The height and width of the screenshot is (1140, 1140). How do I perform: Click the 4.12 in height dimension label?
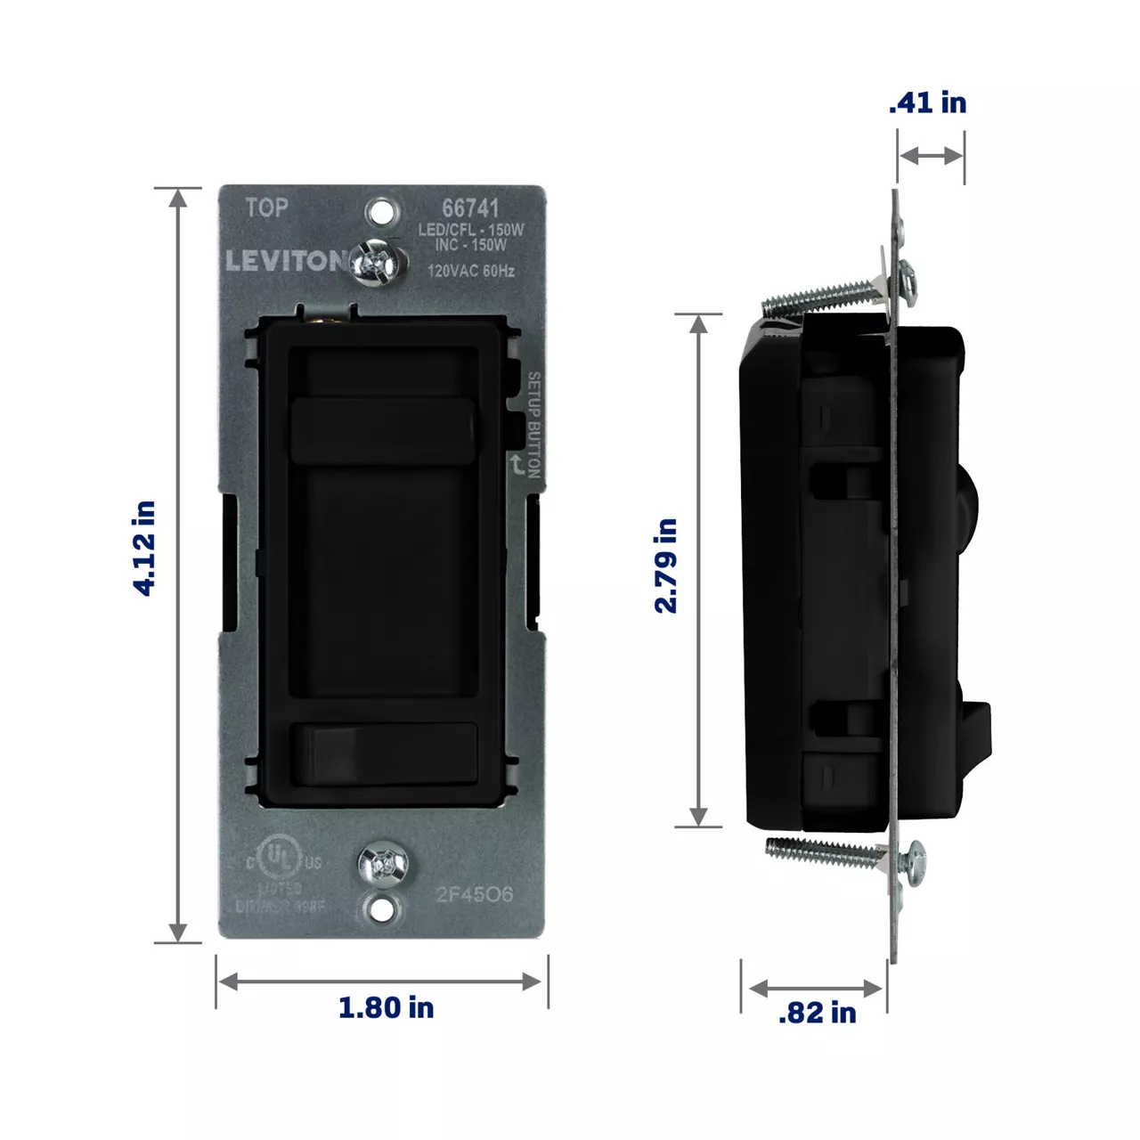[144, 548]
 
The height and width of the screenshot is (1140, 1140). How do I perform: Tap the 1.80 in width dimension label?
[386, 1007]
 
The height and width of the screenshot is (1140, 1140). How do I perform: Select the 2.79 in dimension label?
[666, 566]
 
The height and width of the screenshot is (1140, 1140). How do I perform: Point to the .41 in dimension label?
[927, 102]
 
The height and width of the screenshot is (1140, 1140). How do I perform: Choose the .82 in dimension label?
[817, 1013]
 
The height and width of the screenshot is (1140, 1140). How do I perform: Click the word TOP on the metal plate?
[266, 208]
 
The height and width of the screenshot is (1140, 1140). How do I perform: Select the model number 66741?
[470, 208]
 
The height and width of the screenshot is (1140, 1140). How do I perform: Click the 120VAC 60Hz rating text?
[470, 271]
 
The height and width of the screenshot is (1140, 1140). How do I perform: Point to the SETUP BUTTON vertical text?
[533, 425]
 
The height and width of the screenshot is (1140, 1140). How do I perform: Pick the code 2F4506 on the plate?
[474, 894]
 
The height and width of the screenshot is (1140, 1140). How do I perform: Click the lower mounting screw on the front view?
[382, 863]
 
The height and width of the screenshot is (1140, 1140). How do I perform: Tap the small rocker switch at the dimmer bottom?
[384, 753]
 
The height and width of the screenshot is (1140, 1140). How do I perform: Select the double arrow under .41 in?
[931, 156]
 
